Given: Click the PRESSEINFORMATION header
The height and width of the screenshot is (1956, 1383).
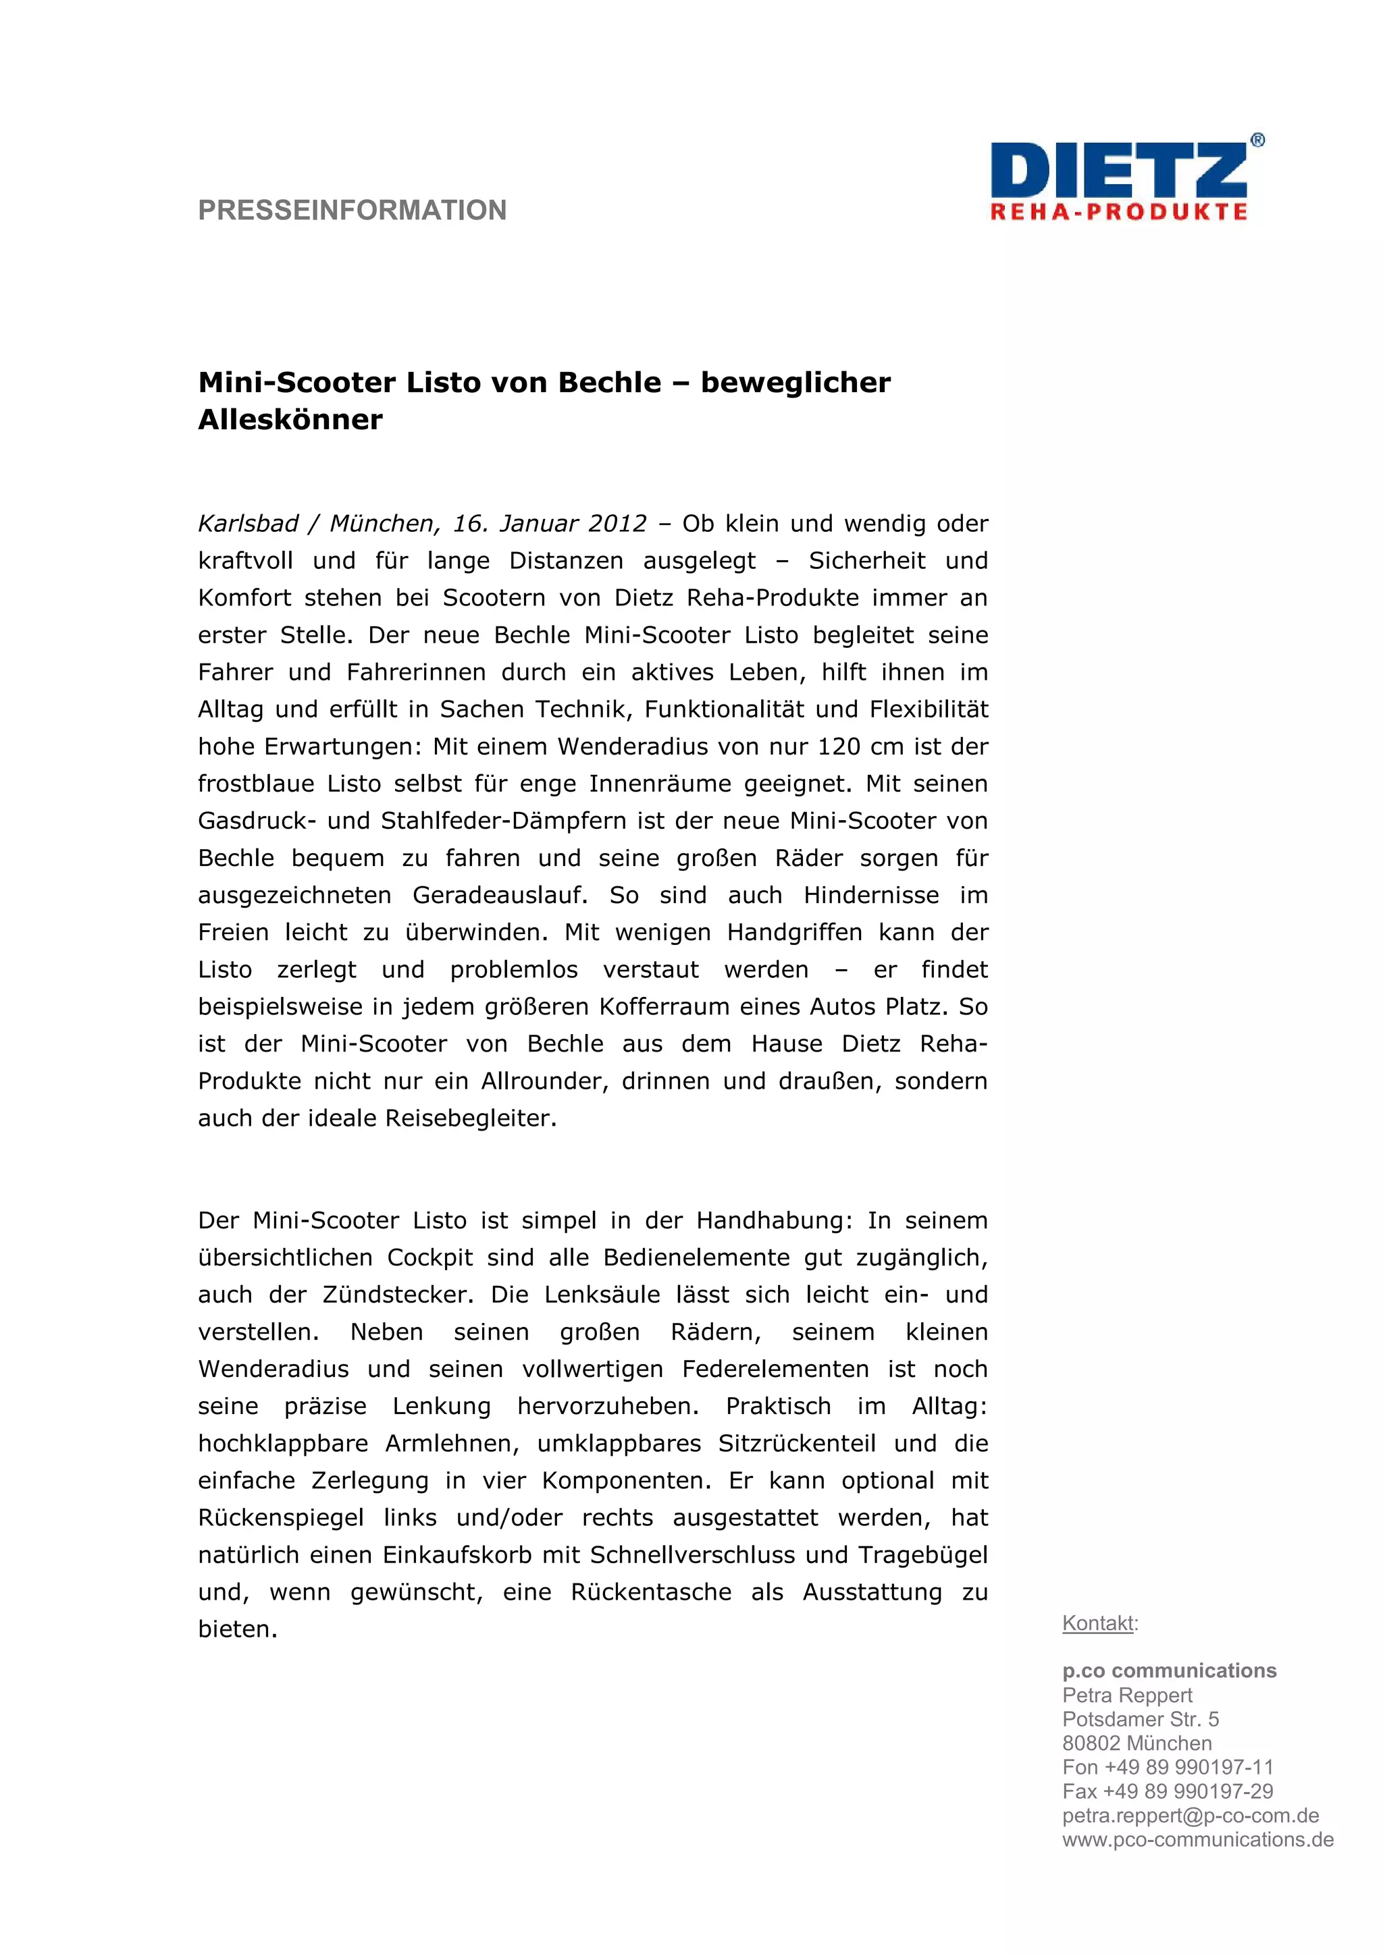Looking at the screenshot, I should coord(352,211).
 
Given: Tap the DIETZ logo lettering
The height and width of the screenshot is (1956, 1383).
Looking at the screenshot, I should coord(1118,172).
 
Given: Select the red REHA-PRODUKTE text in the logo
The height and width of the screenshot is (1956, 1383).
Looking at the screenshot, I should coord(1118,212).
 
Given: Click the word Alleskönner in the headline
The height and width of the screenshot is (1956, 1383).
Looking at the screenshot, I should coord(290,420).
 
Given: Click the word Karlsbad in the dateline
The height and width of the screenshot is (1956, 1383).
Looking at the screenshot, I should coord(248,523).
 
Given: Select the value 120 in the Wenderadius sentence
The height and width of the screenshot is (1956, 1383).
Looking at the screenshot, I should coord(839,746).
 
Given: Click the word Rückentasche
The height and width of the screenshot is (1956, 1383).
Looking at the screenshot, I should coord(651,1592).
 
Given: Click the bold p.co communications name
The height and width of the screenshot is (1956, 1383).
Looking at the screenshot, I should coord(1169,1670).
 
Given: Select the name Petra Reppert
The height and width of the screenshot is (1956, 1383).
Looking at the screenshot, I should coord(1126,1695).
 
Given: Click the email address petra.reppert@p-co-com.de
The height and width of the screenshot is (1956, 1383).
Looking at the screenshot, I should coord(1190,1816).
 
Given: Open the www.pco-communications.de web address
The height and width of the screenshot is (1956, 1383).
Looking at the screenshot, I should coord(1197,1839).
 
